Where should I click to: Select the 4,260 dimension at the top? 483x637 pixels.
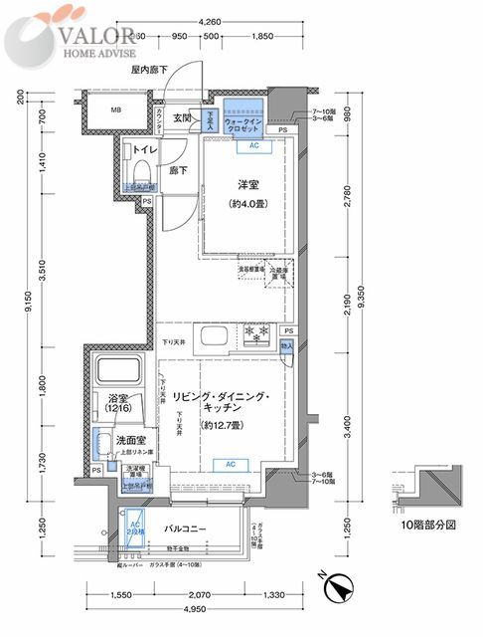210,20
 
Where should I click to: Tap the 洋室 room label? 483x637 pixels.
247,184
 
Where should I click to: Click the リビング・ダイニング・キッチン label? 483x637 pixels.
228,402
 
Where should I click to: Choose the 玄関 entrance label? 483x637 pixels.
182,117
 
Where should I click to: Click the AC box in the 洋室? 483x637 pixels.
253,144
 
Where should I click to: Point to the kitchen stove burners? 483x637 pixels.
254,334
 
